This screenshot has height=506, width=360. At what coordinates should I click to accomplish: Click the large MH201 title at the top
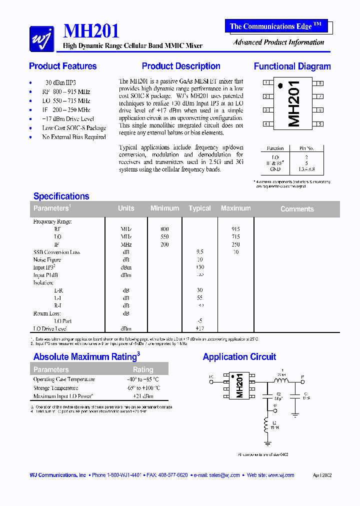[x=91, y=31]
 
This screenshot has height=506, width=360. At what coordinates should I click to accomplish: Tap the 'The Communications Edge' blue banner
[x=276, y=26]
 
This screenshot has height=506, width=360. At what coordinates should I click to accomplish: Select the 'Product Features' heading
[x=63, y=66]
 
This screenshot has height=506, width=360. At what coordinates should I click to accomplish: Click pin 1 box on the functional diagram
[x=266, y=83]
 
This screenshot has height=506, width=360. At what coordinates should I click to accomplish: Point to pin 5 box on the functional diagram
[x=319, y=124]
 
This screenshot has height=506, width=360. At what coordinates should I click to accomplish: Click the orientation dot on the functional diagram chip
[x=280, y=86]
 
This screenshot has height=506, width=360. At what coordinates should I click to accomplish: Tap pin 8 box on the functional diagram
[x=319, y=83]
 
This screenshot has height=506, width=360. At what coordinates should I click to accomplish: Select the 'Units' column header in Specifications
[x=126, y=208]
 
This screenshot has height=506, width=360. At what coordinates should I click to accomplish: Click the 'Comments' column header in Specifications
[x=297, y=209]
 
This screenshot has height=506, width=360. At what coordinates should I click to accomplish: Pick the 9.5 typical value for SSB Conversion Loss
[x=200, y=252]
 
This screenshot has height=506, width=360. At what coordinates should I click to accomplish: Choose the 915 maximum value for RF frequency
[x=236, y=229]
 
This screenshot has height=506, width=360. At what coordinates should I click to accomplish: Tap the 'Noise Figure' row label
[x=47, y=260]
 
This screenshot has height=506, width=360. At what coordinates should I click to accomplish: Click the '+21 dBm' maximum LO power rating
[x=143, y=396]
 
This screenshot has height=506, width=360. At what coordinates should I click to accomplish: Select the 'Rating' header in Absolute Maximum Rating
[x=143, y=369]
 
